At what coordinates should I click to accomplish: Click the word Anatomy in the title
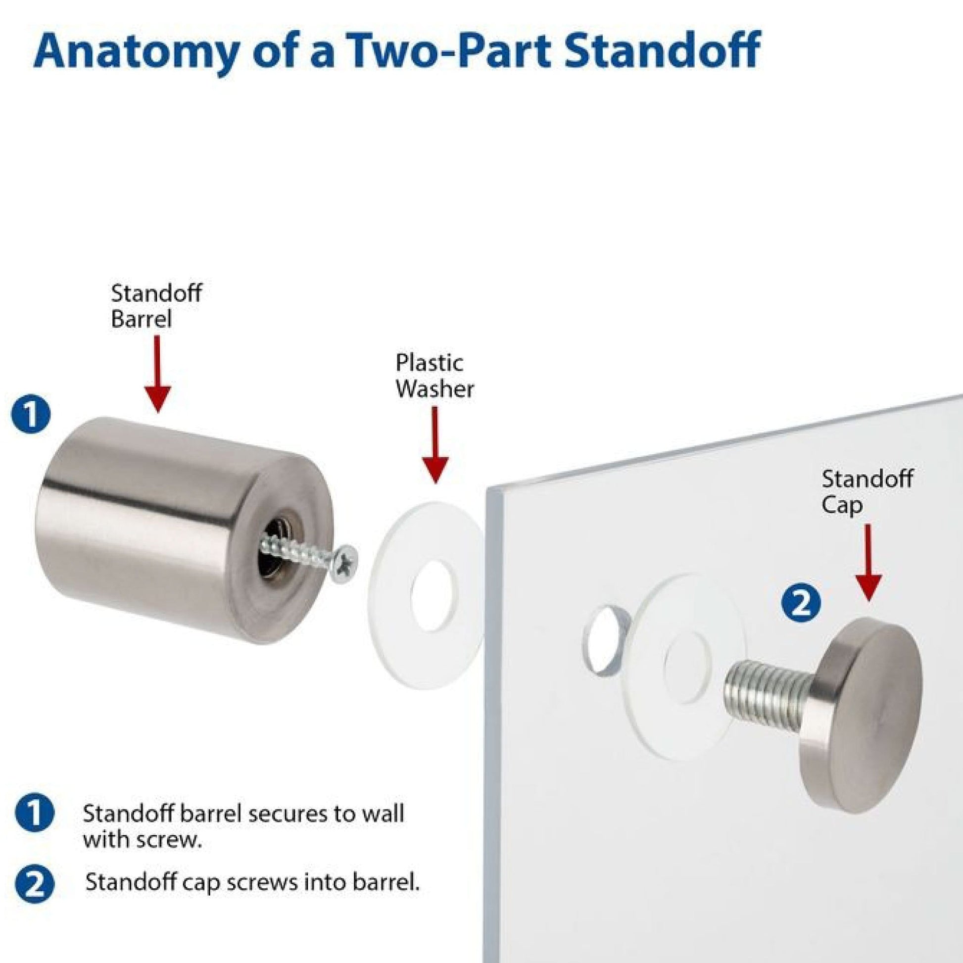click(135, 51)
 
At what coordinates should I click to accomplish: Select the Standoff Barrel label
click(156, 306)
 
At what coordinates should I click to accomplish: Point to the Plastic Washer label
click(434, 376)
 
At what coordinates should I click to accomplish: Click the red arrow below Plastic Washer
click(434, 444)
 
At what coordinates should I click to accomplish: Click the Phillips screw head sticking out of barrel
click(345, 562)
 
